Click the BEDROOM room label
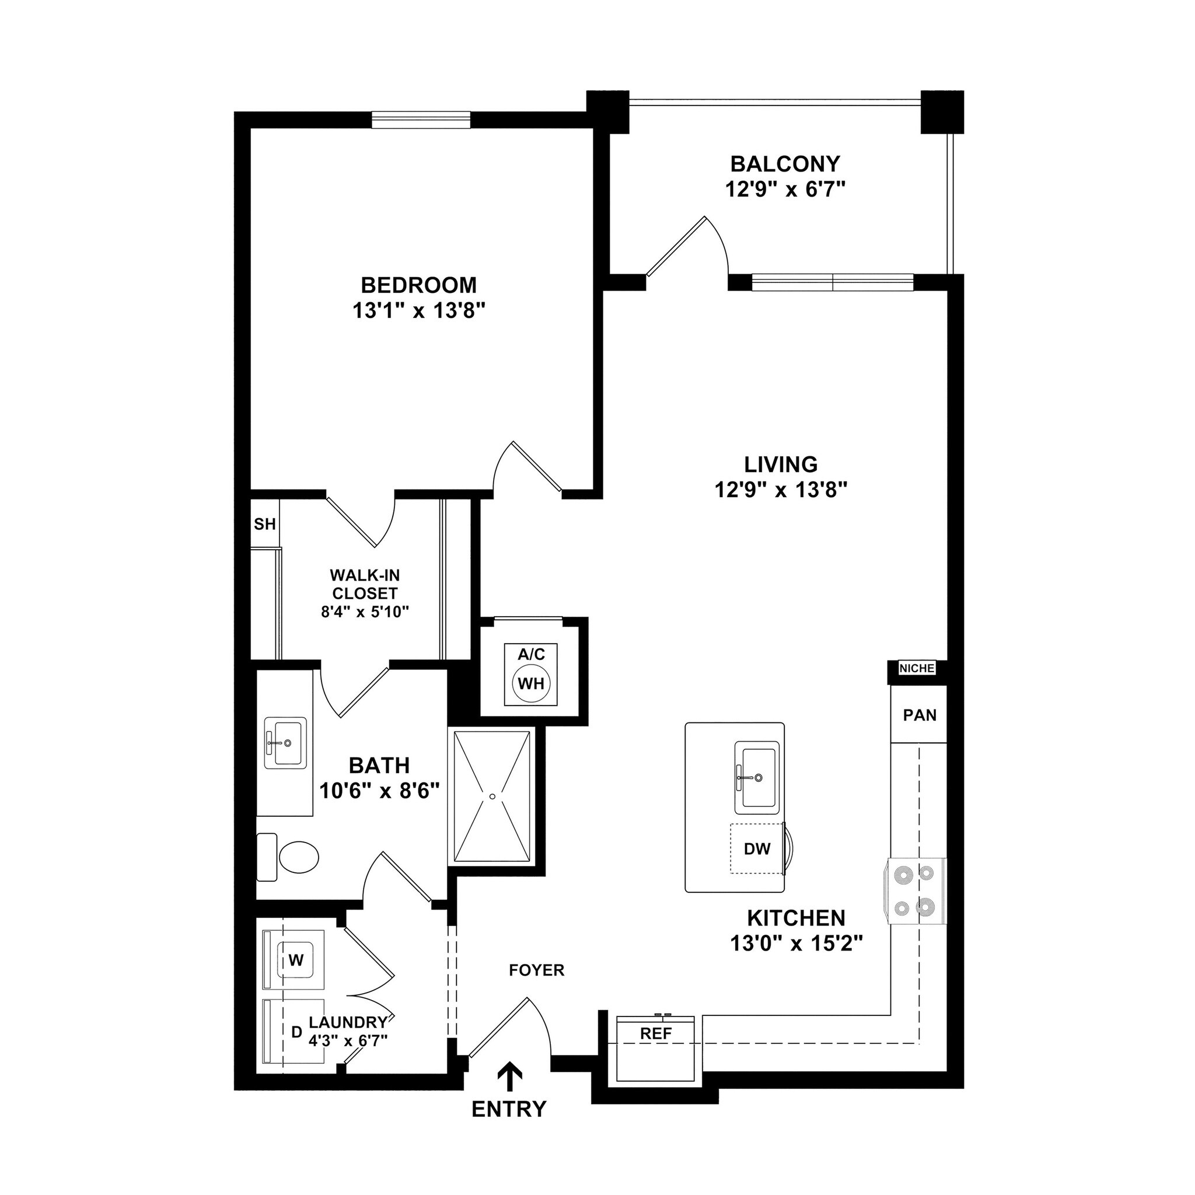tap(419, 285)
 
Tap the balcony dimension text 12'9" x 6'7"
tap(785, 189)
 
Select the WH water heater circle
tap(531, 683)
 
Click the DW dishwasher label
tap(757, 849)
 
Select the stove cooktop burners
tap(917, 890)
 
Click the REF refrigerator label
tap(656, 1033)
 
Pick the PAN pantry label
tap(919, 715)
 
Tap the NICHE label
tap(917, 669)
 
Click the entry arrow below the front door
tap(509, 1077)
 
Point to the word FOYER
tap(536, 970)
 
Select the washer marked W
tap(296, 960)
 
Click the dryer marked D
tap(296, 1032)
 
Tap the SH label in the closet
tap(265, 525)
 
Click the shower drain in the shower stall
tap(492, 796)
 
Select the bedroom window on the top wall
tap(421, 120)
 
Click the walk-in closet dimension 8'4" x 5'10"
tap(364, 612)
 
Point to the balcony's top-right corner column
tap(942, 112)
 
